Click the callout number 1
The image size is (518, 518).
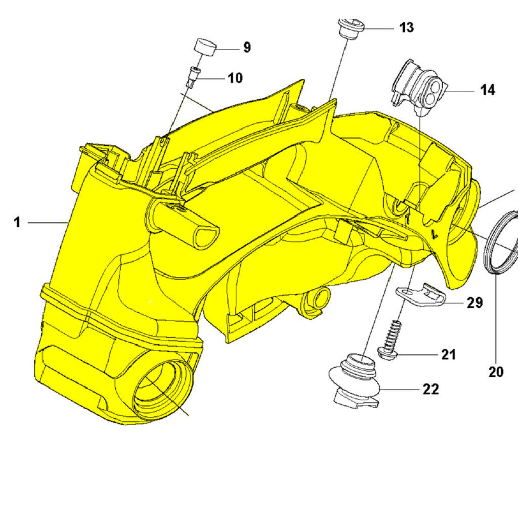tap(17, 222)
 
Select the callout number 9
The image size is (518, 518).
tap(246, 48)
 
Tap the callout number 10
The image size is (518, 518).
tap(235, 78)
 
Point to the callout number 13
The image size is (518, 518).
tap(406, 27)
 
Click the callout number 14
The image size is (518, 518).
tap(487, 90)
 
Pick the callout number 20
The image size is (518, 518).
tap(496, 372)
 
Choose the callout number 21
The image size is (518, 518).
tap(448, 355)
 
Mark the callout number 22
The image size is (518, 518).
tap(431, 388)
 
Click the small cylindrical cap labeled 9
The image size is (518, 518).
tap(206, 49)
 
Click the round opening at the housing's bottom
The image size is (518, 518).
tap(162, 390)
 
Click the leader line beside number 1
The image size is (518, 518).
tap(48, 222)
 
